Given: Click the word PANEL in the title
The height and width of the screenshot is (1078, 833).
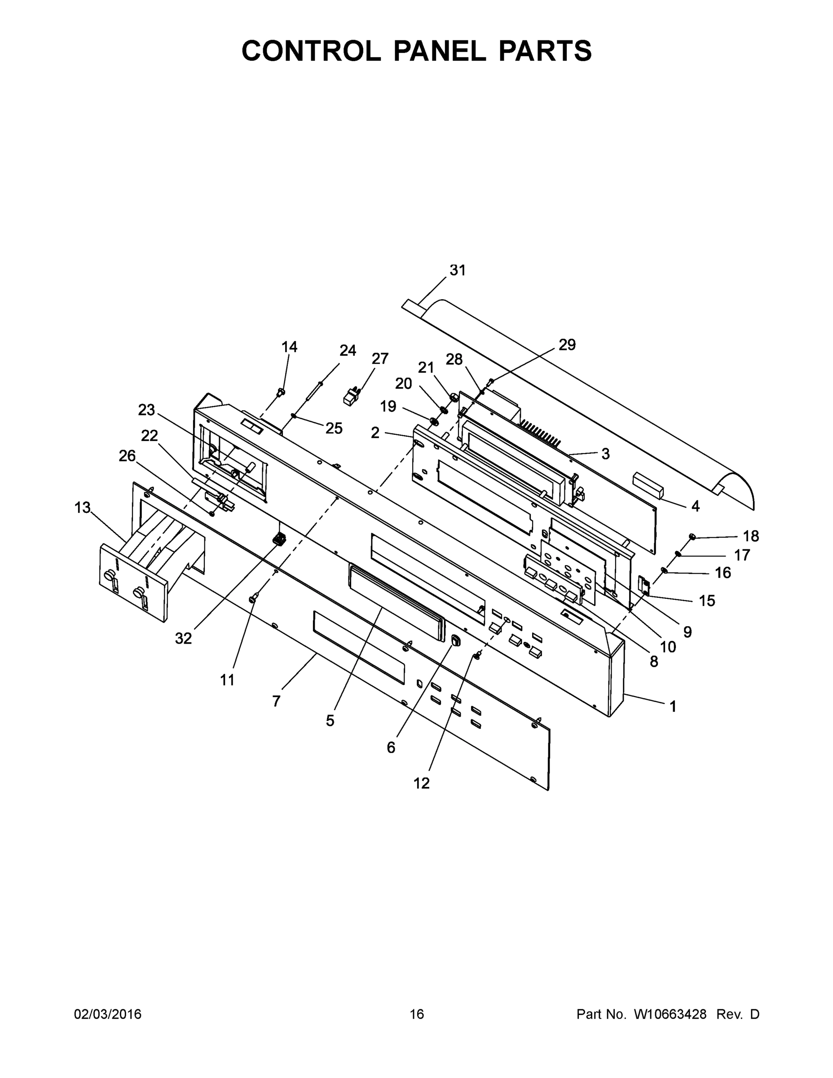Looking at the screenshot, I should click(439, 51).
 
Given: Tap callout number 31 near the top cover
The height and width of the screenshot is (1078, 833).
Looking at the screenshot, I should click(458, 270).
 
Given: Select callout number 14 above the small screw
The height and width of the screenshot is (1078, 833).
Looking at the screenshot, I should click(289, 347).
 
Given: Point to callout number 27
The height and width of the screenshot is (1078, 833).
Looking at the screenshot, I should click(380, 358).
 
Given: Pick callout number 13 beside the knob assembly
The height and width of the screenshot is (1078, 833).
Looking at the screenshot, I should click(83, 507).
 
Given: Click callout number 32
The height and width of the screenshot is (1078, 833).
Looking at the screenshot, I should click(183, 638).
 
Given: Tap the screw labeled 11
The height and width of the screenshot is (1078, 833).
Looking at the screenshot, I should click(253, 598).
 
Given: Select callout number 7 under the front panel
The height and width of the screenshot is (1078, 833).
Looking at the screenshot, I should click(276, 700).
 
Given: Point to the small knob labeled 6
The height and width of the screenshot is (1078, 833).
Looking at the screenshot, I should click(455, 640).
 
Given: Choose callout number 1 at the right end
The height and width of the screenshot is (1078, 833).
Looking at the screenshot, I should click(673, 707).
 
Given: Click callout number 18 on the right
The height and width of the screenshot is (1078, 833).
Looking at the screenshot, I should click(750, 536).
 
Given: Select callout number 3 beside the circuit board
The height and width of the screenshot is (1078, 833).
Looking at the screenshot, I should click(605, 454).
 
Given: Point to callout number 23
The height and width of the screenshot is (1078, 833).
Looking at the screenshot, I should click(146, 410).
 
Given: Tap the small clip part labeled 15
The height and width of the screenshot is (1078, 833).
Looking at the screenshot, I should click(644, 585).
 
